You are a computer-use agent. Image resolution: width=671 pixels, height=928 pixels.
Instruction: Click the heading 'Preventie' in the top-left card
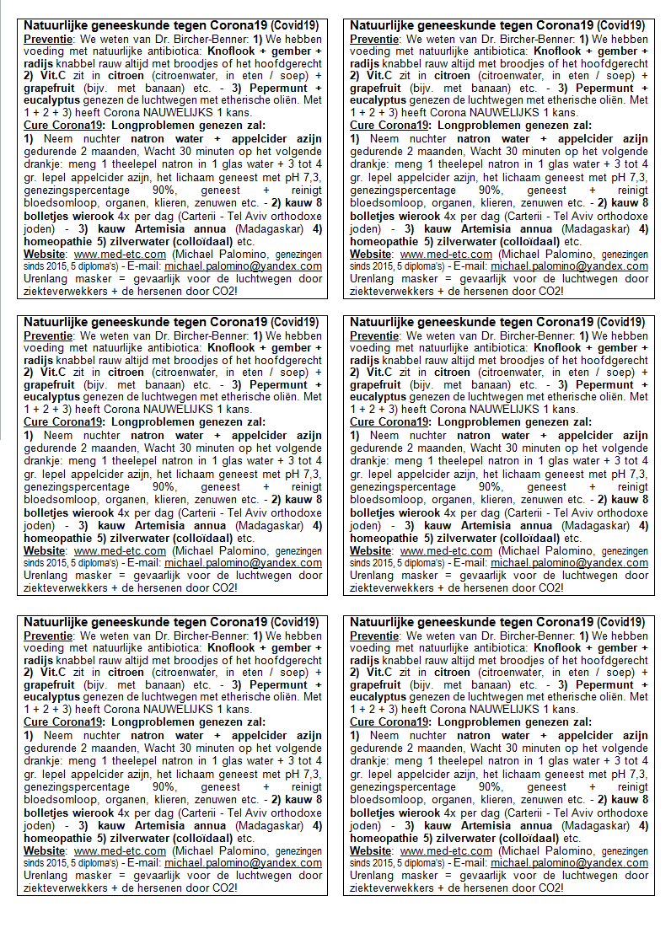tap(47, 39)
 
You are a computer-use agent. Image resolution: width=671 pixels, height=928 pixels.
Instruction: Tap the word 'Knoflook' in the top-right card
tap(565, 51)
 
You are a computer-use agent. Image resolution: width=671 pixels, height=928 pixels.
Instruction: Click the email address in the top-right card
tap(569, 266)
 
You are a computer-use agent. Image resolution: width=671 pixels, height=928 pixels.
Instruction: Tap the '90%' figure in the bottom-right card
tap(491, 786)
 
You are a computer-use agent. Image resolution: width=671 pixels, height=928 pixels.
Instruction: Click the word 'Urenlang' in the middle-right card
tap(373, 576)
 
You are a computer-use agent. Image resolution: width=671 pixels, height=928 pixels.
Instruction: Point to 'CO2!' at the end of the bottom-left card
tap(223, 888)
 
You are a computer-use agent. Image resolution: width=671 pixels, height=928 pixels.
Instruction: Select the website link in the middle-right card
tap(446, 551)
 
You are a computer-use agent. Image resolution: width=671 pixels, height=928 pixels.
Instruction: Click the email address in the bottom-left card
tap(243, 863)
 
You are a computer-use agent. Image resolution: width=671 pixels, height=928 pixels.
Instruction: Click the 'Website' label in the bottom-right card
tap(372, 851)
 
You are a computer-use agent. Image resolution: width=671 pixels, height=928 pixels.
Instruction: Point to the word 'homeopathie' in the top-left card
tap(56, 241)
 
